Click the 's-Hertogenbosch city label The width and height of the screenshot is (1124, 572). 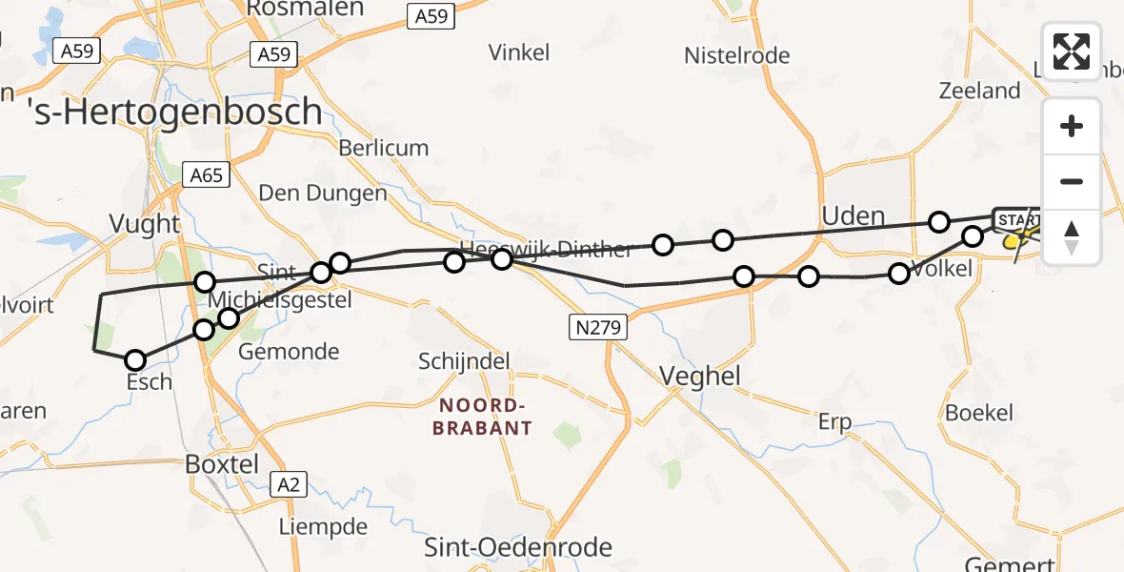click(x=174, y=112)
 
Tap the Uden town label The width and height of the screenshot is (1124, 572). click(x=853, y=216)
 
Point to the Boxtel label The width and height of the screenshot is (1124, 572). click(x=223, y=464)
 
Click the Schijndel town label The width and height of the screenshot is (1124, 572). click(x=464, y=361)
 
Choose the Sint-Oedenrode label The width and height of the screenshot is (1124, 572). click(x=519, y=547)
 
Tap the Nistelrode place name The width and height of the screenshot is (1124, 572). click(x=736, y=55)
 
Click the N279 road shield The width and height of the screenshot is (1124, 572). click(x=598, y=328)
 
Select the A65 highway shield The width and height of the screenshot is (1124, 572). click(x=206, y=174)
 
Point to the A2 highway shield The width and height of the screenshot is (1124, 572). click(x=289, y=484)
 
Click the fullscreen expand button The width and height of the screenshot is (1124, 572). click(x=1071, y=51)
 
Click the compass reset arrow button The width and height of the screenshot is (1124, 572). click(x=1072, y=236)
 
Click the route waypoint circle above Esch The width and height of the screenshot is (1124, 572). click(x=135, y=360)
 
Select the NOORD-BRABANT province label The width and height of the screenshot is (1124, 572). click(x=481, y=417)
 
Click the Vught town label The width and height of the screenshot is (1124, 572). click(x=145, y=224)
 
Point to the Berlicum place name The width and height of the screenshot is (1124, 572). click(x=384, y=148)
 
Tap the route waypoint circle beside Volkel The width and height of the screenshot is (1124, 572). click(x=899, y=274)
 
